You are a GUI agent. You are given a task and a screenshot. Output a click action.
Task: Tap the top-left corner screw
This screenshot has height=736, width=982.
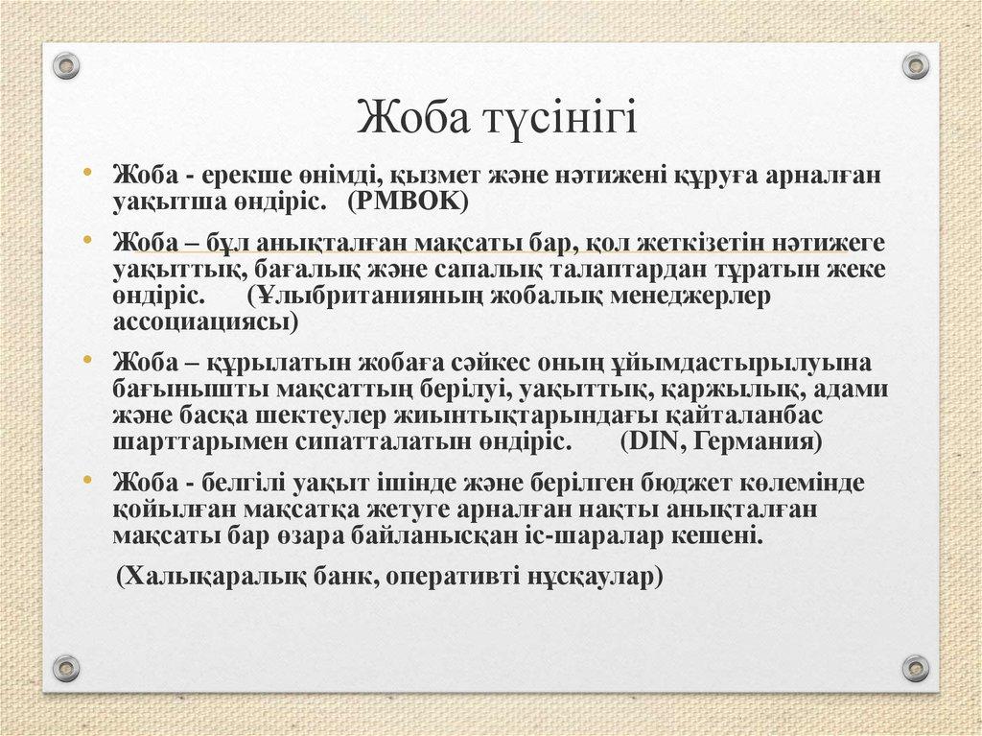point(66,66)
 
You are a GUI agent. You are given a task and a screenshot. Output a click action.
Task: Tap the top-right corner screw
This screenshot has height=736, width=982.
point(915,66)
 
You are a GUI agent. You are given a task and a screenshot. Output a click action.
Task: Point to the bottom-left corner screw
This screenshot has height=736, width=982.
point(66,667)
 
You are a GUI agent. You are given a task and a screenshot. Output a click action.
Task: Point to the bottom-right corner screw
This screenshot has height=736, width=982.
point(915,667)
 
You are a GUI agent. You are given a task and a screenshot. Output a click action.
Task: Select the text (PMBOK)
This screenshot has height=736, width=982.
point(407,200)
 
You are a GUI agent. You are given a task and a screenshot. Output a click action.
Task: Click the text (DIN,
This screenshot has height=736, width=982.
point(653,442)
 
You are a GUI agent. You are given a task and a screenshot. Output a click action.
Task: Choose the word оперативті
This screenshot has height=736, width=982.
point(440,578)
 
